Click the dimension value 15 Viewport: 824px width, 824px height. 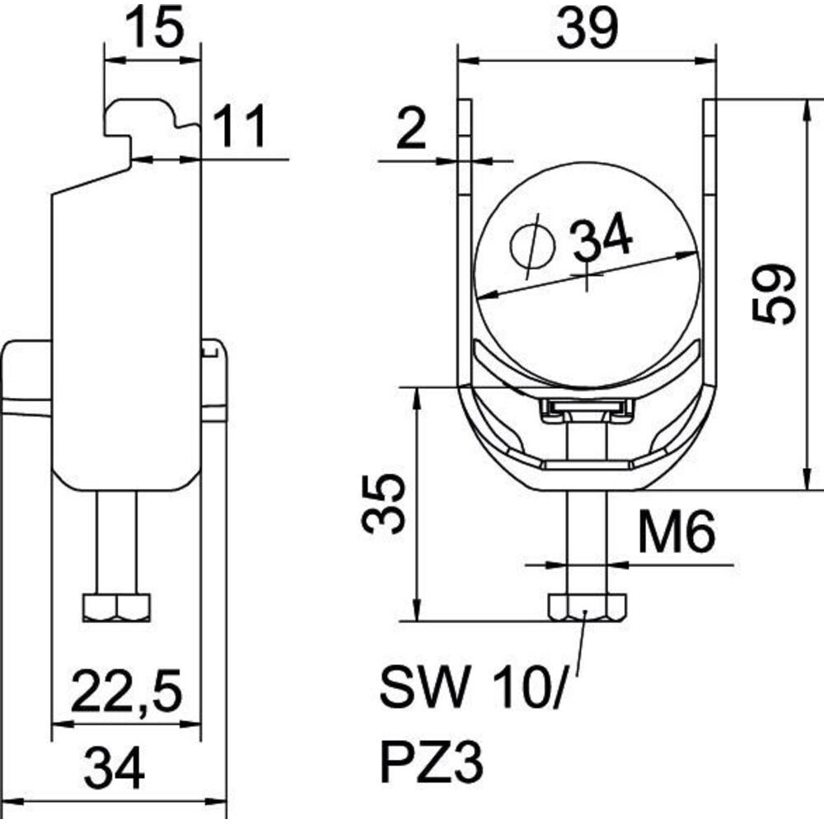click(155, 28)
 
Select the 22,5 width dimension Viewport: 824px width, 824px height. click(127, 690)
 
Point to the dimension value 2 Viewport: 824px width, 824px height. click(411, 127)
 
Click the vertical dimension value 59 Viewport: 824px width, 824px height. click(774, 294)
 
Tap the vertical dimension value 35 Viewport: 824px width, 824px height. click(384, 503)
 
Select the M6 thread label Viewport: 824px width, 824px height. click(677, 531)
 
